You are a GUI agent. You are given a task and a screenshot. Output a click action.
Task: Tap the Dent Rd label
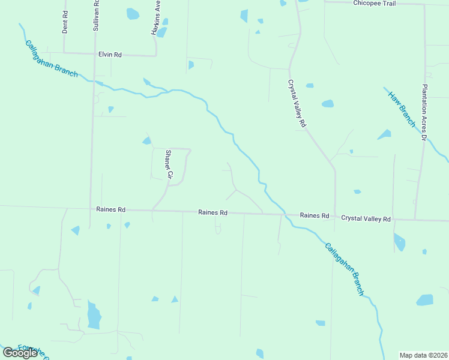click(x=65, y=22)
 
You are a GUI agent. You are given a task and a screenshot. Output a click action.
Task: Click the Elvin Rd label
click(x=110, y=55)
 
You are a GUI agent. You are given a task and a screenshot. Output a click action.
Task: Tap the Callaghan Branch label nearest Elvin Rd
click(x=51, y=58)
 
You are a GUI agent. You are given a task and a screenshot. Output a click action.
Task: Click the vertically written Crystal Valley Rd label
click(x=297, y=104)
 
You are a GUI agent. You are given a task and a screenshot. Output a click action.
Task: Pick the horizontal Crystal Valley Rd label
click(x=366, y=219)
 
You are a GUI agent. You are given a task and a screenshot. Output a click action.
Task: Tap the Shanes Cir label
click(x=169, y=165)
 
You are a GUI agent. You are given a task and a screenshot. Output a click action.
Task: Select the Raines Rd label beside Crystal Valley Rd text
click(x=315, y=215)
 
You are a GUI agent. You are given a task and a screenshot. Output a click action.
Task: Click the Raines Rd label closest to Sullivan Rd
click(x=110, y=209)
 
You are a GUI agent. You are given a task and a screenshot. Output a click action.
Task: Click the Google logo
click(x=20, y=353)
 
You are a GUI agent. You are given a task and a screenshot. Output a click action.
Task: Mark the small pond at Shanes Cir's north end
click(x=146, y=141)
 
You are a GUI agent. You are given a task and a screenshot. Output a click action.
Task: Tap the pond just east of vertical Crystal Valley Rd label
click(x=327, y=104)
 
